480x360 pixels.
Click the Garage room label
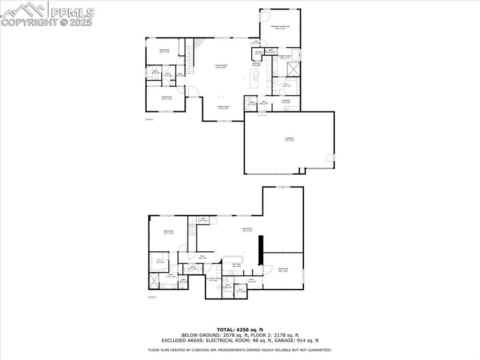[289, 139]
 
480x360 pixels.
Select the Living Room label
[221, 66]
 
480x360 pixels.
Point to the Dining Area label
[223, 107]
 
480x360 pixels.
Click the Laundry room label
[286, 101]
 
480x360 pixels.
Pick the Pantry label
[259, 52]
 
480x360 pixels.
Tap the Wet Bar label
[236, 265]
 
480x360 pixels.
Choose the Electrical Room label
[213, 279]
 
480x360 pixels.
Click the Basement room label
[247, 230]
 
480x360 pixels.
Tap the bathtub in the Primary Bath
[295, 55]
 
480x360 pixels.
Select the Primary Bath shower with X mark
[293, 69]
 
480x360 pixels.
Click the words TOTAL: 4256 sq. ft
[240, 330]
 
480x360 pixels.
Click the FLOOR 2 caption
[150, 120]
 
